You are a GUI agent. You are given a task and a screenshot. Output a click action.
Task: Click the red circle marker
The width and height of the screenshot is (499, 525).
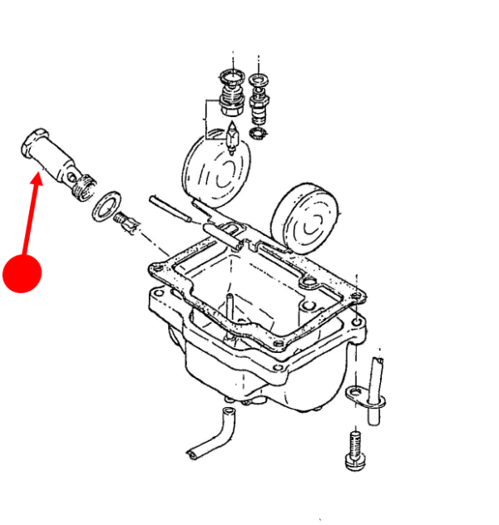(x=22, y=272)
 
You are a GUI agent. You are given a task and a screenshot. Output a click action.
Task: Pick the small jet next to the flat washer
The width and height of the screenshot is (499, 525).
(x=126, y=222)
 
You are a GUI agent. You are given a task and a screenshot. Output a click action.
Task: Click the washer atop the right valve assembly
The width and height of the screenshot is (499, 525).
(x=259, y=80)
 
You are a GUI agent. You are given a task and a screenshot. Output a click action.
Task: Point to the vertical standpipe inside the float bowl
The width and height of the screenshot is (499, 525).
(x=226, y=307)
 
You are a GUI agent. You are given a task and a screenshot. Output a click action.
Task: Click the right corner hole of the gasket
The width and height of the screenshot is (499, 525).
(x=356, y=292)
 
